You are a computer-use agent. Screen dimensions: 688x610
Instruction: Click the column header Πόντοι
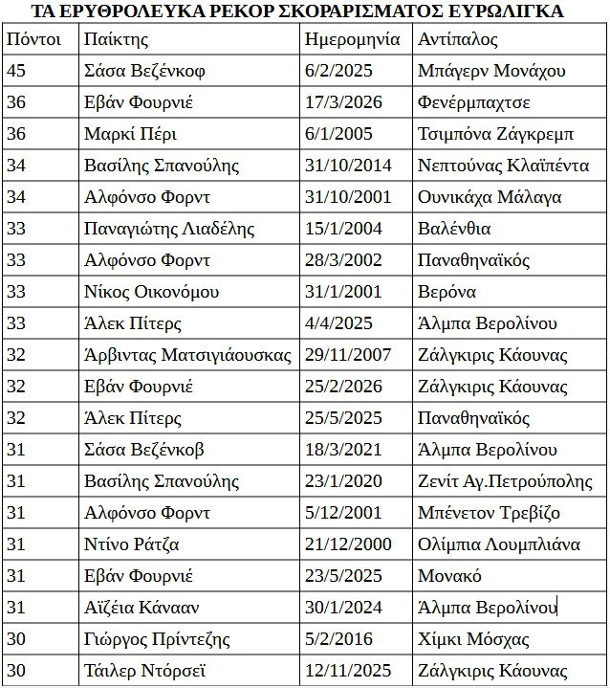(x=33, y=39)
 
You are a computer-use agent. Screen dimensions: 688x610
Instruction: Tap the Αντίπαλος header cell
(x=458, y=39)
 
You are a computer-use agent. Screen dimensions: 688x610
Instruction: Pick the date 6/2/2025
(x=338, y=71)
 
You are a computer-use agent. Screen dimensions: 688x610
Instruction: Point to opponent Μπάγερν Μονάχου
(x=491, y=71)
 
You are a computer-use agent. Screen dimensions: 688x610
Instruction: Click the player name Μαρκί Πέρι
(x=130, y=134)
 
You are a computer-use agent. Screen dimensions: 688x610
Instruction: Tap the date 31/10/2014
(x=348, y=166)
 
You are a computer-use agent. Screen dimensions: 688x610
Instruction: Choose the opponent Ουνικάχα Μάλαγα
(x=490, y=197)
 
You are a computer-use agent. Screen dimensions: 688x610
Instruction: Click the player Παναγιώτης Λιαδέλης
(x=169, y=229)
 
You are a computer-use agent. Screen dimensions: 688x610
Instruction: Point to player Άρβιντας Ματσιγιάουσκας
(x=187, y=355)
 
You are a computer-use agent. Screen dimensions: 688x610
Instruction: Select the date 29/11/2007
(x=348, y=355)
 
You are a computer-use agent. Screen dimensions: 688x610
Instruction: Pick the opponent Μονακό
(x=449, y=576)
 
